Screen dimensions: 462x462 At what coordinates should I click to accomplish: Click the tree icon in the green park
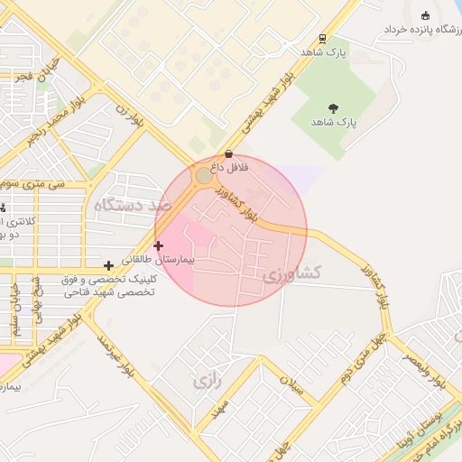click(x=334, y=108)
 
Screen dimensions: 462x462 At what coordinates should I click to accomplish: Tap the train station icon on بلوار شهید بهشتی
click(x=322, y=39)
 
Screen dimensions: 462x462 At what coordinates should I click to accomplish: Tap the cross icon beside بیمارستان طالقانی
click(x=159, y=245)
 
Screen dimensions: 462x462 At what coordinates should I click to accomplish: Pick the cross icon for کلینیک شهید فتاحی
click(x=109, y=265)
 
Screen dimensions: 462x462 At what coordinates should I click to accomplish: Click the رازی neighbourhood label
click(x=207, y=381)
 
